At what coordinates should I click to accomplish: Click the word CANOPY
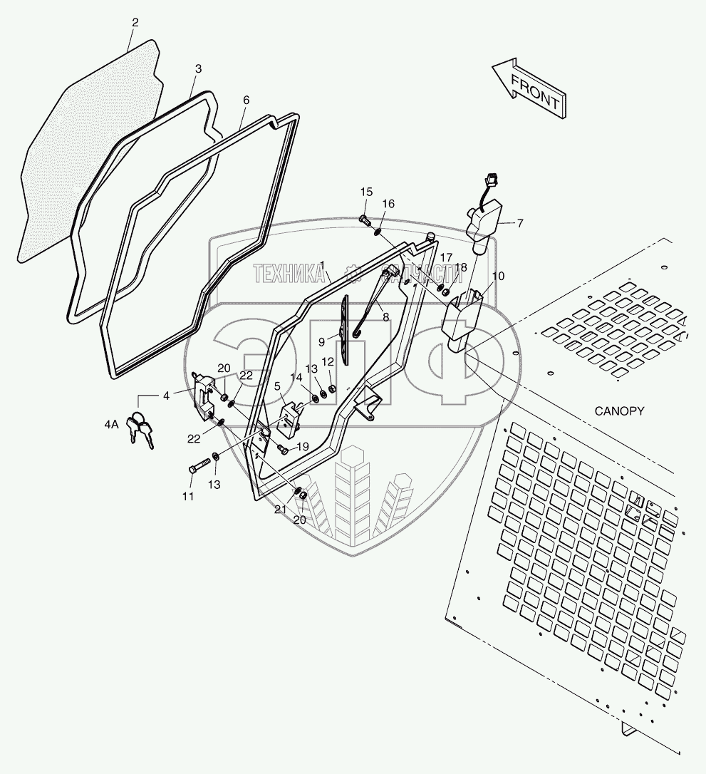pyautogui.click(x=618, y=411)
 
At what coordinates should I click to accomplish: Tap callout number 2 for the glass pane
pyautogui.click(x=135, y=23)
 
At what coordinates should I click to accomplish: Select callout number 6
pyautogui.click(x=246, y=100)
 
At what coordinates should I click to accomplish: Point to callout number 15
pyautogui.click(x=366, y=192)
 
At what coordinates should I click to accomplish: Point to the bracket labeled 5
pyautogui.click(x=291, y=420)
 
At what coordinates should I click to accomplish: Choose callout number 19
pyautogui.click(x=302, y=447)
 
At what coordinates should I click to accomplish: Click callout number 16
pyautogui.click(x=388, y=204)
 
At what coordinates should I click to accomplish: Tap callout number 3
pyautogui.click(x=198, y=68)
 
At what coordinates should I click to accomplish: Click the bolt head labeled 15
pyautogui.click(x=364, y=218)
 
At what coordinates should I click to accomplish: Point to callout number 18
pyautogui.click(x=461, y=267)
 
